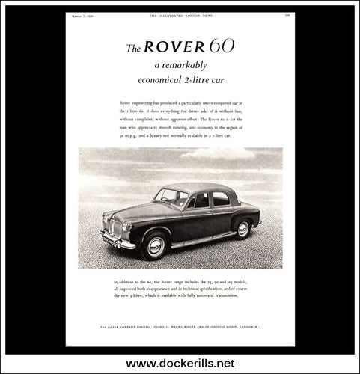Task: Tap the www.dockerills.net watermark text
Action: click(x=180, y=363)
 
